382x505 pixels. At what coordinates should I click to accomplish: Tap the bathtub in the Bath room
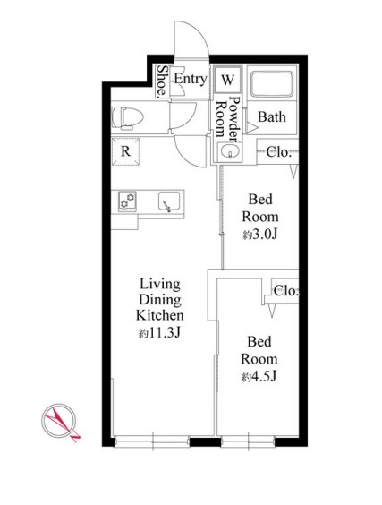tap(272, 84)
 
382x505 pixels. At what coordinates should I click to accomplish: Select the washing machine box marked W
tap(228, 79)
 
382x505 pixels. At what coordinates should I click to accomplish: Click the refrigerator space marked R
tap(125, 151)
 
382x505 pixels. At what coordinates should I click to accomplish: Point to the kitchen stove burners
tap(127, 201)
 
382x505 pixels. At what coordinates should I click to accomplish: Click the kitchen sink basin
tap(169, 202)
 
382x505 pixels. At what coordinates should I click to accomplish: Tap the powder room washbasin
tap(229, 150)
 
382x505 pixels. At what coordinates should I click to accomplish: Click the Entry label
tap(191, 79)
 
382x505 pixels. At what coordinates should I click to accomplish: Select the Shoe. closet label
tap(163, 81)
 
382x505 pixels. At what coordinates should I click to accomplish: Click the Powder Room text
tap(228, 119)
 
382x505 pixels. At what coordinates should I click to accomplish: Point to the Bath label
tap(272, 116)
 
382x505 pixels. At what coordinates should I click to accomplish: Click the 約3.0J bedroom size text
tap(260, 235)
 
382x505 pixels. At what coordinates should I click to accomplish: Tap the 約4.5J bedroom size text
tap(259, 377)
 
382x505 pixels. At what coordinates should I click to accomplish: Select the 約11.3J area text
tap(159, 333)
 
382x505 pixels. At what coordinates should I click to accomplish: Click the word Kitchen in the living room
tap(159, 315)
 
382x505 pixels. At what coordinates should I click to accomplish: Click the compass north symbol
tap(60, 421)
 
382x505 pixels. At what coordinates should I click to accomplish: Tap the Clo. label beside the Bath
tap(279, 151)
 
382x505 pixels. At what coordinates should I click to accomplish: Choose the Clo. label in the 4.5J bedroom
tap(286, 291)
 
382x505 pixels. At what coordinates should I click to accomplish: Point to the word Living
tap(160, 285)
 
